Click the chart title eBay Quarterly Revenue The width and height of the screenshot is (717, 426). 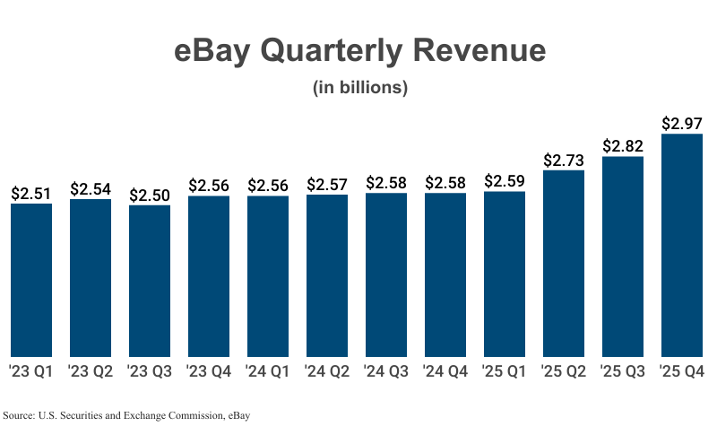click(x=358, y=50)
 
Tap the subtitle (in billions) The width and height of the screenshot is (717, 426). click(x=359, y=88)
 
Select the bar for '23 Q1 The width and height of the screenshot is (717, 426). click(x=31, y=280)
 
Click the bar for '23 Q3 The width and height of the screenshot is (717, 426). click(x=150, y=281)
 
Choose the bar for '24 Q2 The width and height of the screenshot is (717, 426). click(x=327, y=275)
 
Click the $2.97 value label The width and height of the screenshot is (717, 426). click(x=681, y=123)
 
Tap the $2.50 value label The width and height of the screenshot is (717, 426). click(x=150, y=195)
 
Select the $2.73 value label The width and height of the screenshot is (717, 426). click(x=563, y=160)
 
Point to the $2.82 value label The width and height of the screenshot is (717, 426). click(x=622, y=145)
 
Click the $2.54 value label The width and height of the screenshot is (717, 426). click(x=91, y=188)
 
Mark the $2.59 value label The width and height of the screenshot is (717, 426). click(x=504, y=181)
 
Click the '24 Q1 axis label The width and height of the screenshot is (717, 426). click(x=268, y=371)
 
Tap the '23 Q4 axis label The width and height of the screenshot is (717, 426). click(x=209, y=371)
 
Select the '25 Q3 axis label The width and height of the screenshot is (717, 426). click(x=622, y=371)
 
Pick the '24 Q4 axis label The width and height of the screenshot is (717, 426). click(x=445, y=371)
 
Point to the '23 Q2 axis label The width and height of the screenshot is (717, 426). click(x=91, y=371)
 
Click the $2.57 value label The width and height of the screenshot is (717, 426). click(x=327, y=184)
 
